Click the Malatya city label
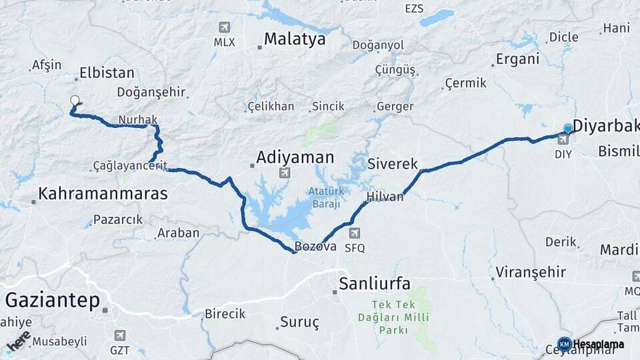click(x=294, y=39)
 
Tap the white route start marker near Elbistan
click(x=75, y=101)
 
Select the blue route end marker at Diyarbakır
click(x=568, y=128)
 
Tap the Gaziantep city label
click(x=52, y=300)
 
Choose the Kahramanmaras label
click(x=103, y=194)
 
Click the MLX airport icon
click(x=225, y=27)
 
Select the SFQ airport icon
click(x=355, y=233)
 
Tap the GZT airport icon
click(x=120, y=335)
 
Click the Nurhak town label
click(x=137, y=120)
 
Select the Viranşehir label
click(x=531, y=272)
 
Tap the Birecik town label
click(x=225, y=314)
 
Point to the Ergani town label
click(x=517, y=59)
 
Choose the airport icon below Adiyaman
click(x=285, y=173)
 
